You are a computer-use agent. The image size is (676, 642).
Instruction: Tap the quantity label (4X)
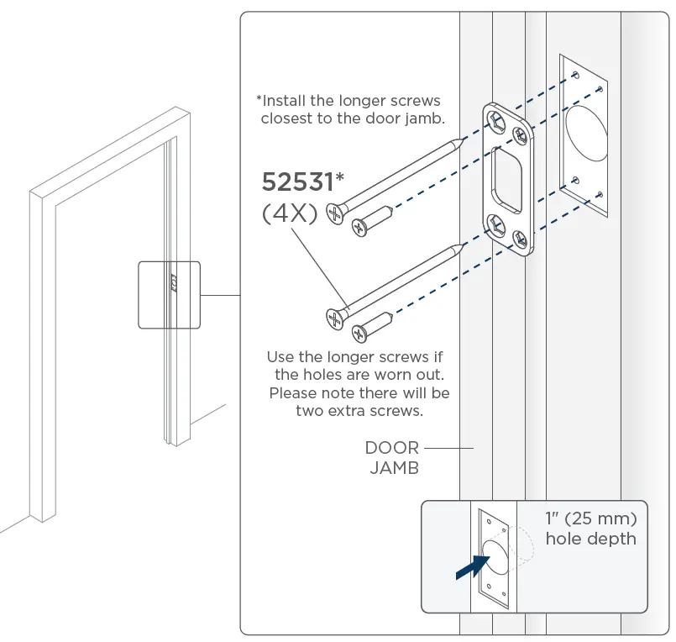click(290, 213)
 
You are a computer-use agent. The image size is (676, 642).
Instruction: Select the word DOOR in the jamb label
click(391, 448)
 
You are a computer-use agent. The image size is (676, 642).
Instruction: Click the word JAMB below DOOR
click(393, 468)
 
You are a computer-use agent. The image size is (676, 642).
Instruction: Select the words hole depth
click(590, 538)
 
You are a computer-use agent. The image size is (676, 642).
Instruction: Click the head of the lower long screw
click(334, 317)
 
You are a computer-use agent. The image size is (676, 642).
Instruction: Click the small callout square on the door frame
click(169, 293)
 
